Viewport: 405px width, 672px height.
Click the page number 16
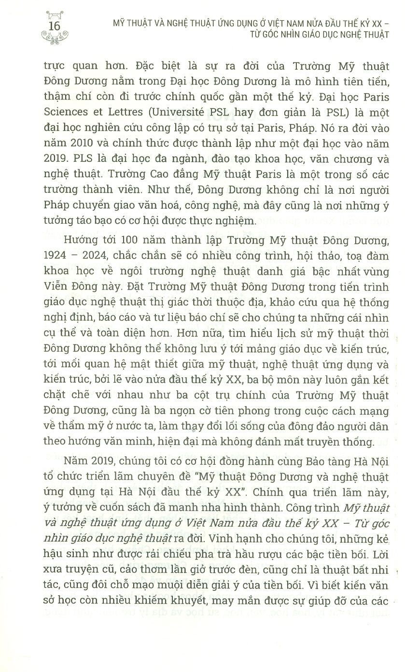[57, 25]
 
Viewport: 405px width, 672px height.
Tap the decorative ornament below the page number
[57, 38]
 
